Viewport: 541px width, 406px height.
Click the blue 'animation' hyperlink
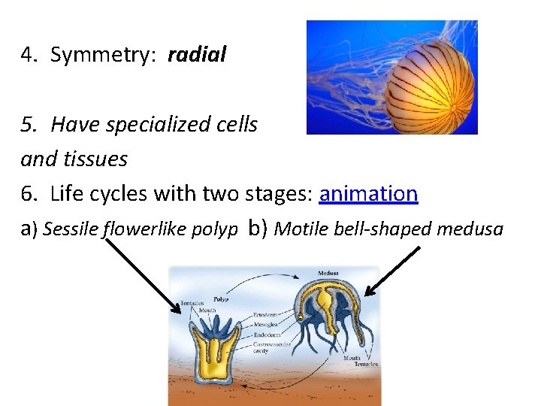point(368,194)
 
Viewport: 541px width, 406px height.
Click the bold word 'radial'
point(197,55)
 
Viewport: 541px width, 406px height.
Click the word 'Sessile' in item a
point(71,229)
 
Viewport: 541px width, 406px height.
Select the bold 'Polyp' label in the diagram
point(220,298)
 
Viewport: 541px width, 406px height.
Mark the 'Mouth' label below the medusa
point(352,359)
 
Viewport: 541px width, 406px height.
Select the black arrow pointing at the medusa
point(393,271)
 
